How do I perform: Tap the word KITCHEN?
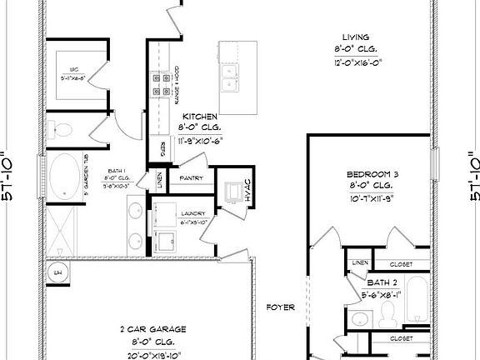pyautogui.click(x=200, y=117)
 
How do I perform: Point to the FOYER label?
pyautogui.click(x=281, y=307)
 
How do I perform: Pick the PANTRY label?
pyautogui.click(x=192, y=177)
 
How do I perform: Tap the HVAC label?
pyautogui.click(x=247, y=192)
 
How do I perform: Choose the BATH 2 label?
pyautogui.click(x=382, y=282)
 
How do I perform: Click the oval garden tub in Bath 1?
pyautogui.click(x=62, y=177)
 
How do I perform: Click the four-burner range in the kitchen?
pyautogui.click(x=157, y=84)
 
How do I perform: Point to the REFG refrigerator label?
pyautogui.click(x=158, y=147)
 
